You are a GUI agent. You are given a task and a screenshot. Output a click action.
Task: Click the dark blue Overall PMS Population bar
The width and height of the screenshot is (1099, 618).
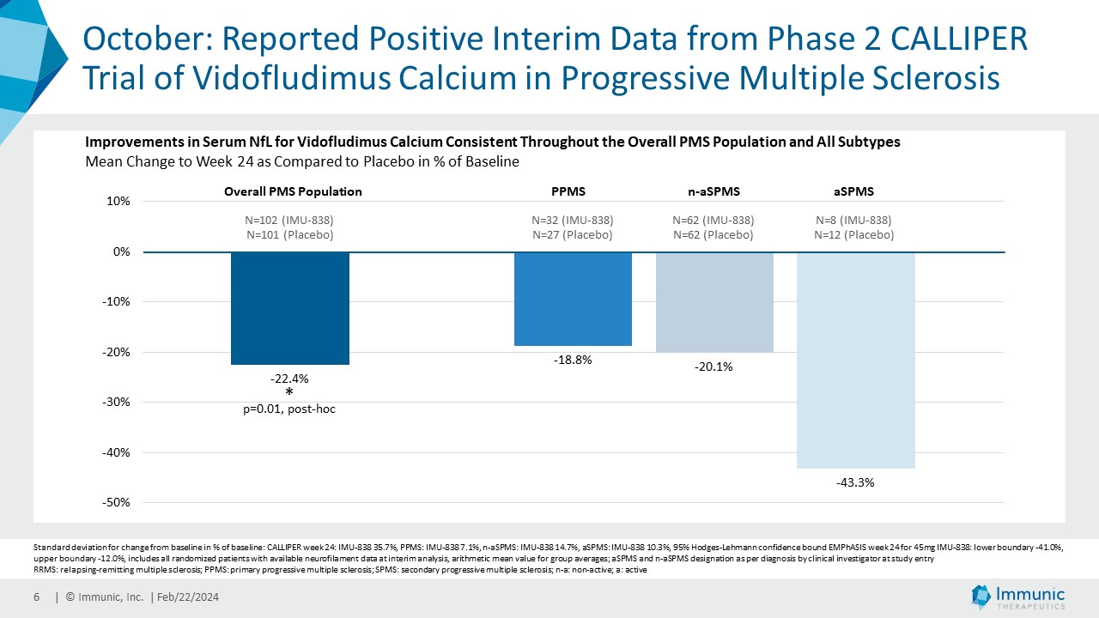(x=289, y=308)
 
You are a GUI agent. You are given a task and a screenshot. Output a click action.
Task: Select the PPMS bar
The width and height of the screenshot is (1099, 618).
(x=573, y=299)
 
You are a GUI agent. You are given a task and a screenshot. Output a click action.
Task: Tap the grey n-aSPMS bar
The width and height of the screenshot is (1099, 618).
(x=714, y=301)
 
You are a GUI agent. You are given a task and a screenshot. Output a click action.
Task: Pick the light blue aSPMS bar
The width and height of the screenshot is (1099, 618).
(x=855, y=360)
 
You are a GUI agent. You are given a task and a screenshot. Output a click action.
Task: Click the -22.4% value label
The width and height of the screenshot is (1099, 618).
(x=289, y=378)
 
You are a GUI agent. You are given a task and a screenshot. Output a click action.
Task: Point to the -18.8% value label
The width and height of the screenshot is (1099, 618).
(x=573, y=360)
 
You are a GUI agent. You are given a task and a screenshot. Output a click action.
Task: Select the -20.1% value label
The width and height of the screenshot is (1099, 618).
(x=713, y=367)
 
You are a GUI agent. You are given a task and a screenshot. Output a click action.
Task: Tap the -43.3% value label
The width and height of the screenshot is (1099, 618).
(x=855, y=482)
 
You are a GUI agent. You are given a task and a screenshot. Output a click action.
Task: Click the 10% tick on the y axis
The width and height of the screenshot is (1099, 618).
(x=118, y=202)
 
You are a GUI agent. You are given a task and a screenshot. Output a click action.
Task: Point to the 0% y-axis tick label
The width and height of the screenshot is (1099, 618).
(x=119, y=251)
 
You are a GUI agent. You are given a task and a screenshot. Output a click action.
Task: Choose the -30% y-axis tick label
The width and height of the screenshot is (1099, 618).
(x=116, y=402)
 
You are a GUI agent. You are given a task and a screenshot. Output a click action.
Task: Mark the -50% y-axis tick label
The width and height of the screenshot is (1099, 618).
(x=116, y=502)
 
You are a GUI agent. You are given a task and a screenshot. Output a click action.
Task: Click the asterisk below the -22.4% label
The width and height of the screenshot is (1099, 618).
(x=289, y=392)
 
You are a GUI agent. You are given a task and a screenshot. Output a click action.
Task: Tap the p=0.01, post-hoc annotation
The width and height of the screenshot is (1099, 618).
(x=289, y=409)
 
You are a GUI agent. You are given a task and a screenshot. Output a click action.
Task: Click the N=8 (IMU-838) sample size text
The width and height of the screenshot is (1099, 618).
(x=853, y=220)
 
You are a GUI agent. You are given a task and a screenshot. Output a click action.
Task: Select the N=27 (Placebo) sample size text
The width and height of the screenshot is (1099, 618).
(x=572, y=234)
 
